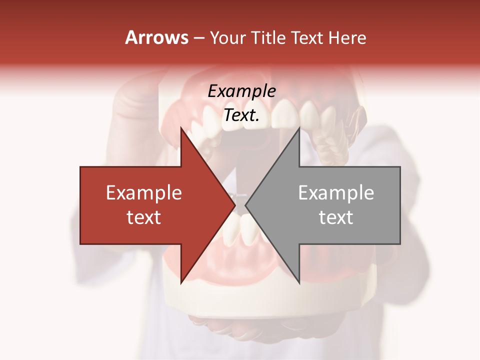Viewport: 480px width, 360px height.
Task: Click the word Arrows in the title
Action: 157,37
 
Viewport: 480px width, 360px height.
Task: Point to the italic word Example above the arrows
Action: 241,91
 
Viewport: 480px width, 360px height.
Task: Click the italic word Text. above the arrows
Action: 241,115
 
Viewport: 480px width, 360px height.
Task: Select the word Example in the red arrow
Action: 144,192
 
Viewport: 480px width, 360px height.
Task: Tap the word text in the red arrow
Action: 144,217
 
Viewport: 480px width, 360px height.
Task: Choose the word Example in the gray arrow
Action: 336,192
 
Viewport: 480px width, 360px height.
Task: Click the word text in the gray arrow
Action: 336,217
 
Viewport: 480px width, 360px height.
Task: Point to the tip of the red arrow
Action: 234,205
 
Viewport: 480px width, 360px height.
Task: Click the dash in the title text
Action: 199,38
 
